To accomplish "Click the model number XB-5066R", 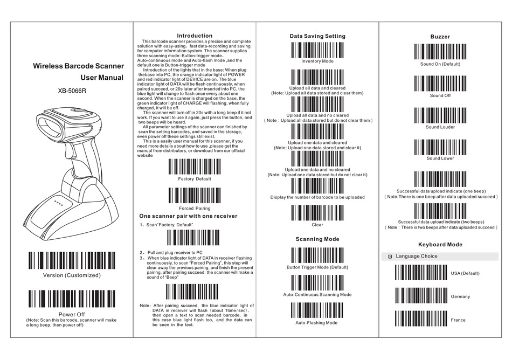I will coord(72,90).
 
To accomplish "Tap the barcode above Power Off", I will coord(72,299).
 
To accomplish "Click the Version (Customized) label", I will coord(72,275).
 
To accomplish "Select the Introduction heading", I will coord(195,36).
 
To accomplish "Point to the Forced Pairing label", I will coord(194,208).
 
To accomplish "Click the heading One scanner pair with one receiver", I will coord(188,216).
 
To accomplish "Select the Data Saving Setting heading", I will coord(317,36).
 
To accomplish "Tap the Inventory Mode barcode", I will coord(317,49).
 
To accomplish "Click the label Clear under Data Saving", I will coord(317,225).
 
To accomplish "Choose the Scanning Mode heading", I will coord(317,239).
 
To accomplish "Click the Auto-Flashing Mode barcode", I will coord(317,310).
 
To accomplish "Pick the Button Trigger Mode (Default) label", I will coord(317,267).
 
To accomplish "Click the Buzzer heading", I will coord(440,37).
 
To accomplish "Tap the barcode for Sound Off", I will coord(440,84).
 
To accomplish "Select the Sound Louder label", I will coord(440,127).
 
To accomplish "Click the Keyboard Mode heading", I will coord(440,244).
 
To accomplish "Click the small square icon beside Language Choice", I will coord(390,257).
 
